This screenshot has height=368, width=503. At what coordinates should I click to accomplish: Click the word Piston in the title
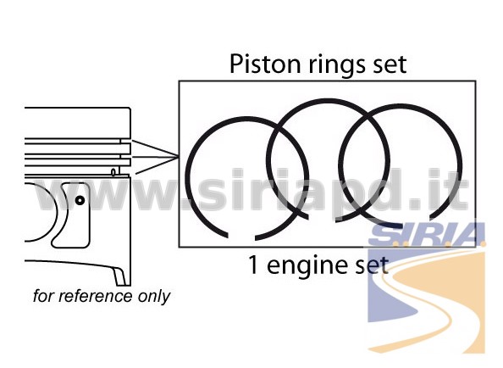coord(266,64)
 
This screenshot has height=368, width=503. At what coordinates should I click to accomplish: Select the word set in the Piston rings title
coord(390,65)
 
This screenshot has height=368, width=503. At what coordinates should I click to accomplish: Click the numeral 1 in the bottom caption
coord(253,265)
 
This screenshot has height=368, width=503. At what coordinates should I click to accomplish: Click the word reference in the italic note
coord(95,296)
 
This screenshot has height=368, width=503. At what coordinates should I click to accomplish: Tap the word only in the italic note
coord(154,297)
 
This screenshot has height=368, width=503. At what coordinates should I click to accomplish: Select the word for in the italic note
coord(43,296)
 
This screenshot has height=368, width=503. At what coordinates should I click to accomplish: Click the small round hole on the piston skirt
coord(80,200)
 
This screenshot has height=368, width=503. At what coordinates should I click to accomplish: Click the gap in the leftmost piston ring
coord(241,237)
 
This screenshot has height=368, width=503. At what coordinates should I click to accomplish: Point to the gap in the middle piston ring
coord(322,220)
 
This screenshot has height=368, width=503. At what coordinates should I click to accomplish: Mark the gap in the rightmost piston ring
coord(416,220)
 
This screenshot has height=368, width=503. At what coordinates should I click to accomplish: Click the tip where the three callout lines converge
coord(179,157)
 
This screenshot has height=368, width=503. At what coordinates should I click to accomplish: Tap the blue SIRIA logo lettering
coord(427,233)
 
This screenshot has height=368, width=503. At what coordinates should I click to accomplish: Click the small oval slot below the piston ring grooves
coord(113,172)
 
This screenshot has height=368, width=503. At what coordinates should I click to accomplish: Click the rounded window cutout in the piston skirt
coord(72,215)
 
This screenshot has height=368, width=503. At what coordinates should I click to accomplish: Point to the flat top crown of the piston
coord(77,108)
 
